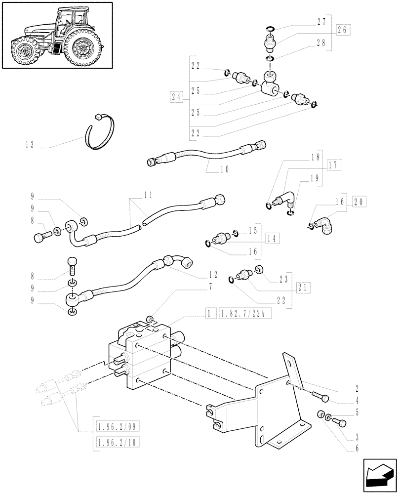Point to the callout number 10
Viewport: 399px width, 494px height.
pyautogui.click(x=225, y=169)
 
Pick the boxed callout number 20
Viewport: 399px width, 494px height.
pyautogui.click(x=360, y=202)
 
